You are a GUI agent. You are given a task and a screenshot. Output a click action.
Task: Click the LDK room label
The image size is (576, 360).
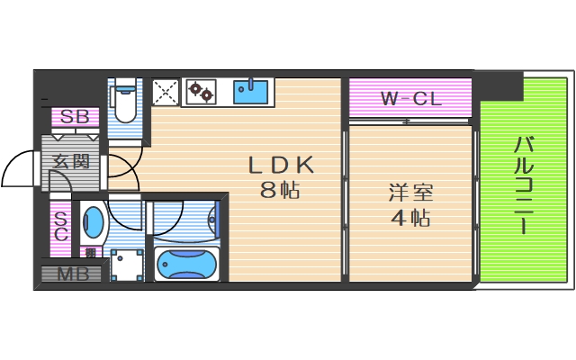point(280,166)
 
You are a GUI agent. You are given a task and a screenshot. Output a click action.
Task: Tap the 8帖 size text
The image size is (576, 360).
point(280,191)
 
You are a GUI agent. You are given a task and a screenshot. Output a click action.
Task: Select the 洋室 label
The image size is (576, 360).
point(410,193)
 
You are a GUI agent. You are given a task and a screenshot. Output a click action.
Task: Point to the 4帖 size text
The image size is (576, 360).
point(410,218)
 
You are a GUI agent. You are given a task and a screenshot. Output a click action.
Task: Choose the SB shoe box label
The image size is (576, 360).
point(75,117)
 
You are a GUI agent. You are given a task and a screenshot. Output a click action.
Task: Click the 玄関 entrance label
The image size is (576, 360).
point(70,163)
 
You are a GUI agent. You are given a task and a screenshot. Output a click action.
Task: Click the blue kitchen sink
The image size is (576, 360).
point(252,90)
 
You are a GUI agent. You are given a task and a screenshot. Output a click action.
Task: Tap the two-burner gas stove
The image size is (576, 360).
point(202,91)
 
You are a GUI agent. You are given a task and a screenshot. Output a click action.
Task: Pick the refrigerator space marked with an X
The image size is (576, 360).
point(165,91)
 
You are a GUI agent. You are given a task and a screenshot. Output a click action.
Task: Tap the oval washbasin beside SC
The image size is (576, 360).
point(93,222)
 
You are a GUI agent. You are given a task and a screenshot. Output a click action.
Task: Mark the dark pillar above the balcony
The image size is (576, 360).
point(500,85)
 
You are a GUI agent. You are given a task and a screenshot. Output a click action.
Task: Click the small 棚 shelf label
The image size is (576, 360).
point(90,253)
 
